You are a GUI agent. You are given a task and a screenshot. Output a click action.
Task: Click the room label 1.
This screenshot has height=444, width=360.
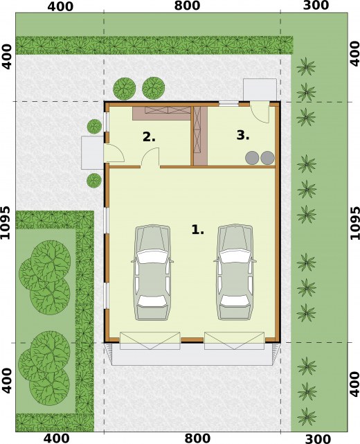point(197,229)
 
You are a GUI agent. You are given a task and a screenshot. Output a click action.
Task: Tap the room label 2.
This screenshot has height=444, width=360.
point(149,137)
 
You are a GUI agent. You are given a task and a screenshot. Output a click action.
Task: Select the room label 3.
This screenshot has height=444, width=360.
point(243,135)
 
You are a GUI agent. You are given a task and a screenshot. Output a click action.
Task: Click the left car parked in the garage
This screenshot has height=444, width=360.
point(152,272)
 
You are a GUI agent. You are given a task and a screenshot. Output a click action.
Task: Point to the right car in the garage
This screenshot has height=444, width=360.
point(234,272)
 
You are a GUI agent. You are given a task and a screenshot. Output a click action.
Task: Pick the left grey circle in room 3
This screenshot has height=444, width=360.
point(252,158)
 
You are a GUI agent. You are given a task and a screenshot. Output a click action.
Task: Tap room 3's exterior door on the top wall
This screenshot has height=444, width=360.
point(260,112)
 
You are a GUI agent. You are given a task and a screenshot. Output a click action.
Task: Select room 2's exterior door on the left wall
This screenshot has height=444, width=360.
point(114,153)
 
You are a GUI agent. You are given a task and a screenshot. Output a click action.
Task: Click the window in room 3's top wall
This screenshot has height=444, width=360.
point(229,104)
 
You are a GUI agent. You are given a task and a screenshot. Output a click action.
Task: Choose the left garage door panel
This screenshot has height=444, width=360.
point(150,341)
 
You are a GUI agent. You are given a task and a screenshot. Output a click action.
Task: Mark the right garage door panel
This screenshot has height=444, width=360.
point(235,341)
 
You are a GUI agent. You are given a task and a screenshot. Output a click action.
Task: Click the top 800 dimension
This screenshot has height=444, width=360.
point(187,6)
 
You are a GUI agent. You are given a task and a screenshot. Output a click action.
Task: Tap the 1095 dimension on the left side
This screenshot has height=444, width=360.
point(6,222)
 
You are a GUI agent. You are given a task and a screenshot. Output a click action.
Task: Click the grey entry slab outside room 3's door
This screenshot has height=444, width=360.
point(260,90)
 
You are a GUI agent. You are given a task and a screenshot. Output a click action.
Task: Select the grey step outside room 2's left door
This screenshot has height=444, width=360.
point(93,152)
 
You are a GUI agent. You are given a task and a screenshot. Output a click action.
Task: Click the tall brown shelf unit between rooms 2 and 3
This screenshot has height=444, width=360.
point(200,136)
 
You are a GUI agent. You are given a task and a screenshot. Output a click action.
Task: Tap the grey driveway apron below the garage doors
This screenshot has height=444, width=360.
point(192,354)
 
